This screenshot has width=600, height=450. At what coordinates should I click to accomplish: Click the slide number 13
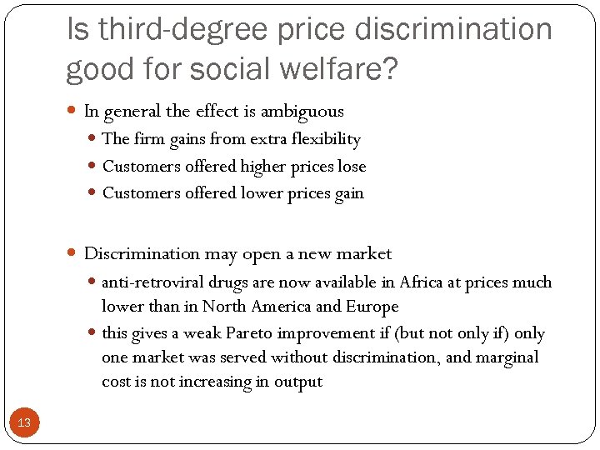click(24, 422)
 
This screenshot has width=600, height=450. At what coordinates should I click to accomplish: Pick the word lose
click(352, 167)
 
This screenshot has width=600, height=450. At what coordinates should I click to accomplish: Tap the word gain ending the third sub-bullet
click(347, 193)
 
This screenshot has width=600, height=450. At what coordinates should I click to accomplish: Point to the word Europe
click(373, 307)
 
